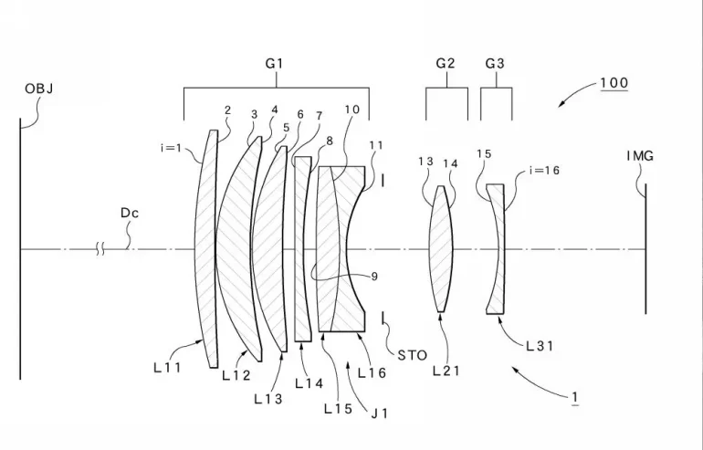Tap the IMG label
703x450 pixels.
click(640, 156)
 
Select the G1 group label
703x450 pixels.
click(275, 64)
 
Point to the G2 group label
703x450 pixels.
click(446, 64)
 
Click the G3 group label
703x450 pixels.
click(495, 64)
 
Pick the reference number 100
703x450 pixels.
click(614, 83)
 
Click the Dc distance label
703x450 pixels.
click(130, 213)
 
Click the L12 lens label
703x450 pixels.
click(236, 374)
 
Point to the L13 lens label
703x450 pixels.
click(268, 398)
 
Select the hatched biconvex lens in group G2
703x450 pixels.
click(442, 248)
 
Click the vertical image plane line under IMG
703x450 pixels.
click(646, 274)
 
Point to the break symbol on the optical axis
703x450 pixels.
click(100, 248)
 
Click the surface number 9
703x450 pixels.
click(350, 277)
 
